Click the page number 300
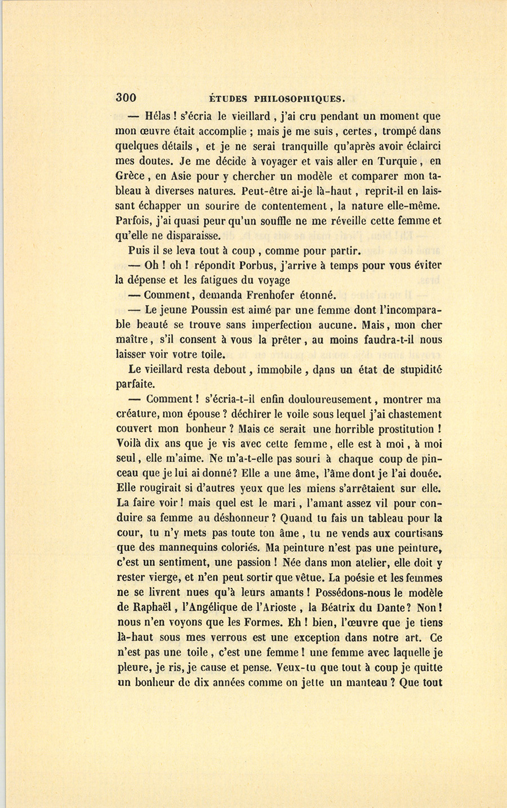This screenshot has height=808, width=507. pos(126,97)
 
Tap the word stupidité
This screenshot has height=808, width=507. pos(414,369)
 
